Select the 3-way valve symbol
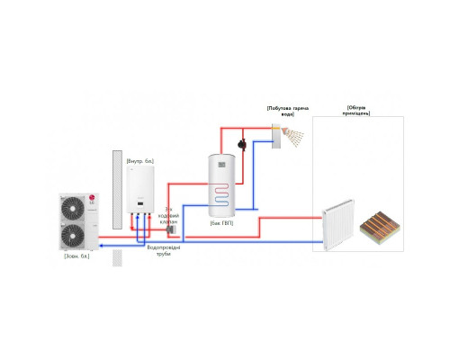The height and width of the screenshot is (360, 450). [x=173, y=230]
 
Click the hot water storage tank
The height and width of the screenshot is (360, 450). [x=222, y=184]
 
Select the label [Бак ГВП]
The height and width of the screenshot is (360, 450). [x=221, y=222]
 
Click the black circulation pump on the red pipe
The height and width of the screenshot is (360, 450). [x=239, y=142]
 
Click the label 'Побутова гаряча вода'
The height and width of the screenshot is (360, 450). [x=288, y=112]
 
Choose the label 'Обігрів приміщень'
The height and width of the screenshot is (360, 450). [x=357, y=112]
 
